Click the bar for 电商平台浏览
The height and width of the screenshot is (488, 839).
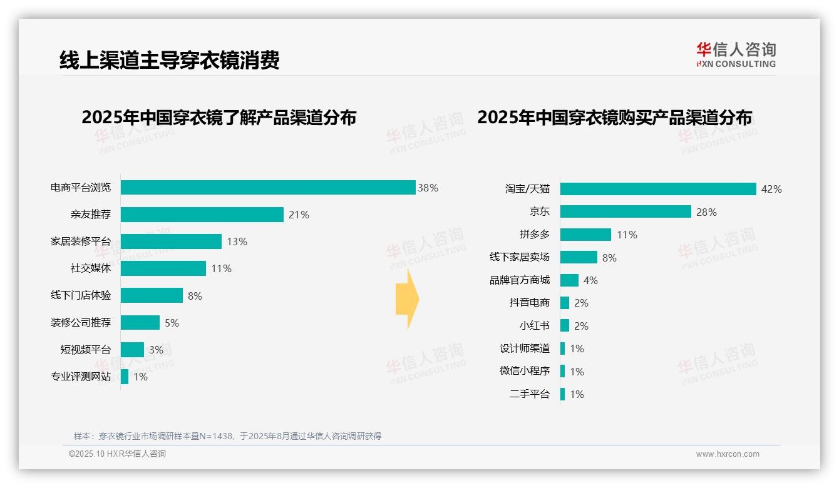click(x=268, y=188)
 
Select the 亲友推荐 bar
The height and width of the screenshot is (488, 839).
click(x=202, y=215)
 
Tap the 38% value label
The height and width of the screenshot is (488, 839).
click(x=428, y=188)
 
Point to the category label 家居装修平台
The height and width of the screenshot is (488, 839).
click(x=81, y=241)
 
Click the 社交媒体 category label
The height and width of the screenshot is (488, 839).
click(x=91, y=268)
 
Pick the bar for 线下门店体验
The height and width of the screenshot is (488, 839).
click(x=152, y=295)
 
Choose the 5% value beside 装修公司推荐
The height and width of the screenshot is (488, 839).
click(x=172, y=323)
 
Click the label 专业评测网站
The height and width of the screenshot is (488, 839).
click(x=81, y=377)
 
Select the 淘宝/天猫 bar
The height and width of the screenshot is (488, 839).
click(x=658, y=189)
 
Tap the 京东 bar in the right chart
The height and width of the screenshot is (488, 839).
click(x=625, y=211)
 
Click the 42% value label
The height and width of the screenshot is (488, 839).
click(x=771, y=189)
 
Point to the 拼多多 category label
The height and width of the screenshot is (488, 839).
click(x=534, y=235)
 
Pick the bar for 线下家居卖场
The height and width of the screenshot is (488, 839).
click(x=579, y=257)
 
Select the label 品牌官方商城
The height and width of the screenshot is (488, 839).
click(x=520, y=280)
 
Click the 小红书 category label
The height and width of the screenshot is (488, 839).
click(x=534, y=326)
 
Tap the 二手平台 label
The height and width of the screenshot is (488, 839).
click(x=530, y=394)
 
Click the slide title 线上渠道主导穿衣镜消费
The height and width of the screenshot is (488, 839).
click(x=169, y=60)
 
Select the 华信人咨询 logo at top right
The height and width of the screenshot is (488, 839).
click(x=736, y=54)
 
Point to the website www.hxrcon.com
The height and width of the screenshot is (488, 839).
click(x=728, y=454)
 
